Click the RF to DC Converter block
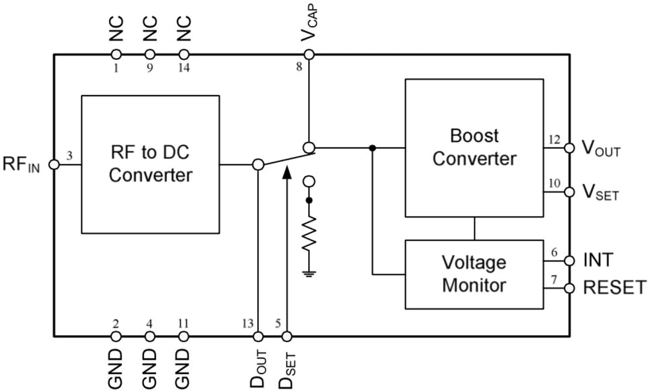[x=150, y=164]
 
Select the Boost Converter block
[x=474, y=147]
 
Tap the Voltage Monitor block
[x=474, y=274]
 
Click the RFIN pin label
[x=22, y=164]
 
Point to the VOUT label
[x=600, y=149]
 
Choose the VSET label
[x=600, y=192]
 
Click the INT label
[x=598, y=260]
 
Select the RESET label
[x=614, y=288]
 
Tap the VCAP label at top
[x=309, y=25]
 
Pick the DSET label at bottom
[x=288, y=366]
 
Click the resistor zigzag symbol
[x=309, y=235]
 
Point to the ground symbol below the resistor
[x=309, y=274]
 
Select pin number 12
[x=554, y=140]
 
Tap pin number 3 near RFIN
[x=69, y=156]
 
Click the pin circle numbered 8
[x=309, y=55]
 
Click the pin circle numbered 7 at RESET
[x=569, y=288]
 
